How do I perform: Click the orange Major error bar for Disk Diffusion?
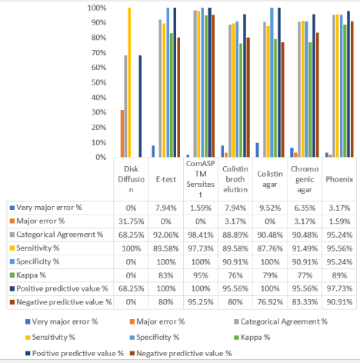(x=122, y=134)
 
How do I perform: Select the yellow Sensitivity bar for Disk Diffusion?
(x=129, y=82)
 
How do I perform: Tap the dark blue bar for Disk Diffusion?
(x=140, y=106)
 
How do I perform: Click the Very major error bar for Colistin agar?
(x=257, y=150)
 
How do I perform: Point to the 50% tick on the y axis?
(x=98, y=82)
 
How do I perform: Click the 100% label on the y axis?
(x=97, y=8)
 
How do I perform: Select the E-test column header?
(x=166, y=179)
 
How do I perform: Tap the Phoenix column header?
(x=339, y=179)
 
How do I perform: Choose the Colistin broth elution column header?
(x=235, y=179)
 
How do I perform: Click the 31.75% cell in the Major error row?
(x=131, y=221)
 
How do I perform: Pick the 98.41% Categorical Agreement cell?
(x=201, y=235)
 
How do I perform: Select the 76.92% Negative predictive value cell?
(x=270, y=302)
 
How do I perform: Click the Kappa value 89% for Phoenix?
(x=339, y=275)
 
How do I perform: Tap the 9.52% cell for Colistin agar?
(x=270, y=208)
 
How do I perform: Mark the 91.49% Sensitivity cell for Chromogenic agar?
(x=305, y=248)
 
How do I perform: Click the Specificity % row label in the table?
(x=35, y=261)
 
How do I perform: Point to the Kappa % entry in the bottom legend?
(x=252, y=337)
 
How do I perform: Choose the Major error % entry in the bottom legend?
(x=157, y=321)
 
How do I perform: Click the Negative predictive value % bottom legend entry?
(x=181, y=354)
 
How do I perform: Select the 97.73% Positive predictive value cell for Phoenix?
(x=339, y=288)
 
